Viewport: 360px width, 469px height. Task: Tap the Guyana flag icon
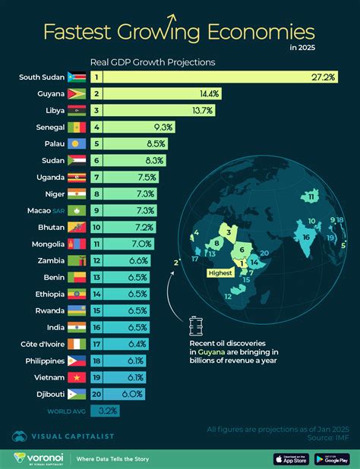pos(77,94)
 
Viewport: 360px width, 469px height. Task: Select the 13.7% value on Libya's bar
pos(201,111)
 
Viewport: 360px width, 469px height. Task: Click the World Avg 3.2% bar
pos(104,411)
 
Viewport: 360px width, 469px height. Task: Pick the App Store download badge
pos(280,458)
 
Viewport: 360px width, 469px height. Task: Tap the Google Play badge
pos(330,458)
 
